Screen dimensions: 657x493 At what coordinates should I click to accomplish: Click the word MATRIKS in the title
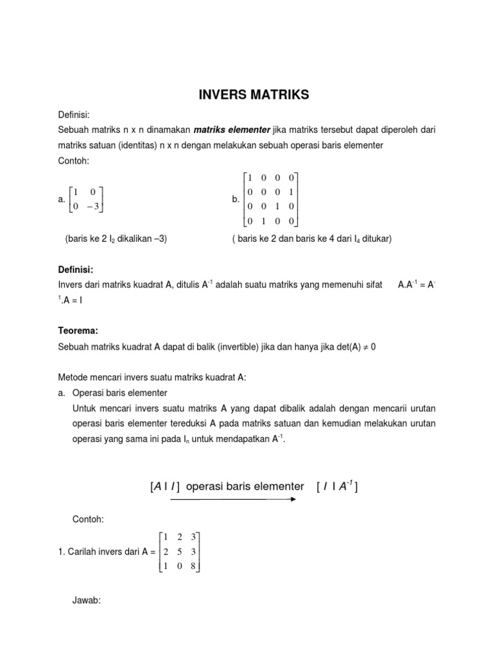pyautogui.click(x=277, y=95)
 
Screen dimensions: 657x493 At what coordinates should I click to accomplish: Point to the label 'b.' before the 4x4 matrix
pyautogui.click(x=236, y=200)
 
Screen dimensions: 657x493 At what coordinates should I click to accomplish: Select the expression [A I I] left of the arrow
pyautogui.click(x=164, y=486)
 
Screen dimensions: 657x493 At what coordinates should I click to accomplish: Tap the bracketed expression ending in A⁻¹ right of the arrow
pyautogui.click(x=337, y=486)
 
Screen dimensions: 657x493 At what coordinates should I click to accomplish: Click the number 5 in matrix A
pyautogui.click(x=180, y=551)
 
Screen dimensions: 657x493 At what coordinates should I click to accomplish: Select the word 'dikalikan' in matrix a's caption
pyautogui.click(x=134, y=239)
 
